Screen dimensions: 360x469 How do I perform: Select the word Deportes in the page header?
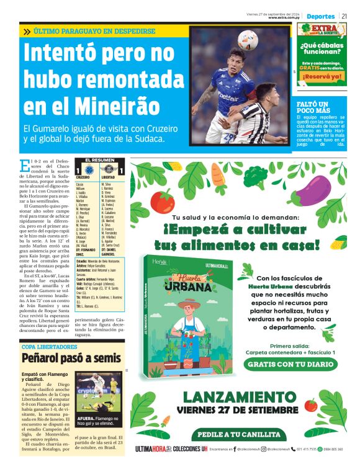[321, 16]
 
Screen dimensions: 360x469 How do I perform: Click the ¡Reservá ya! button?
[323, 76]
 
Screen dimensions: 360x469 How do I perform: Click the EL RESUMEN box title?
[100, 161]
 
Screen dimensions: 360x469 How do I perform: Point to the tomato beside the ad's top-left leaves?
[163, 201]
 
